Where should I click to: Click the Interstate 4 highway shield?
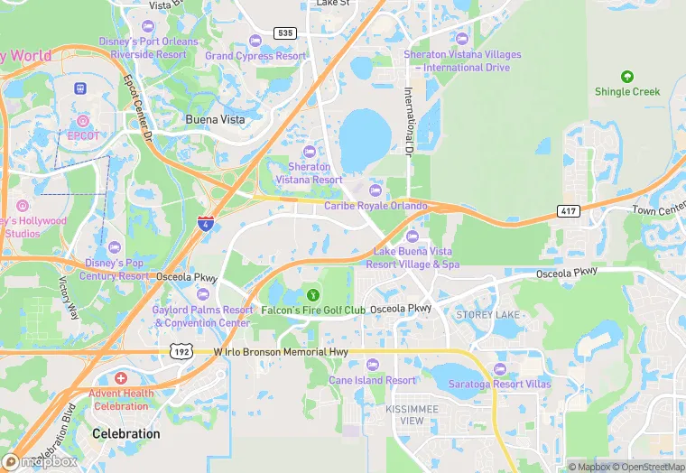(207, 223)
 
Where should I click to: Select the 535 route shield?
(285, 32)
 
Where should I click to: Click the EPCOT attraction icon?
(83, 120)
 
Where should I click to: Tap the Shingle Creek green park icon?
(627, 77)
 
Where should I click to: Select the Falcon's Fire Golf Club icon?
(313, 294)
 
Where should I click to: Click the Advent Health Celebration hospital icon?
(121, 377)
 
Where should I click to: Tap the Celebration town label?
(125, 434)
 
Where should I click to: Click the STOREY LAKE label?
(488, 314)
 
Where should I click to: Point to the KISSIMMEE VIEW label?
(404, 415)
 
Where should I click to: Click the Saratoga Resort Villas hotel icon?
(499, 369)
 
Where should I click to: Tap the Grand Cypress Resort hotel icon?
(255, 40)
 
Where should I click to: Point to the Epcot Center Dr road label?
(138, 106)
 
